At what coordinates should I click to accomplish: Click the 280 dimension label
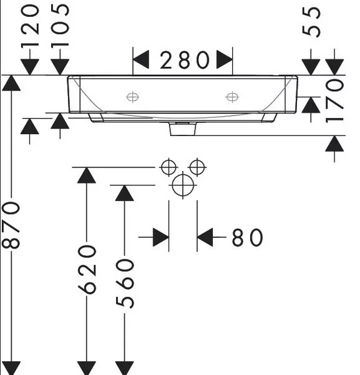(185, 60)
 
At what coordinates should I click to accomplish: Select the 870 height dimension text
(11, 225)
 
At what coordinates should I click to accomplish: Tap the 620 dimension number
(87, 270)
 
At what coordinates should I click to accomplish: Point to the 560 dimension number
(125, 284)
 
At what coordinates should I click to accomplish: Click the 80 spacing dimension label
(247, 237)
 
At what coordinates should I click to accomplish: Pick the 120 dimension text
(30, 26)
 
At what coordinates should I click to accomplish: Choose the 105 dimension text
(60, 25)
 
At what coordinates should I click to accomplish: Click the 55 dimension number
(311, 22)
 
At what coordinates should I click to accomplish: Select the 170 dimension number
(335, 101)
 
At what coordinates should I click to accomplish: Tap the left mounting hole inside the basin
(132, 97)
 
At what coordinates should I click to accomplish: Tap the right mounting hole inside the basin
(232, 97)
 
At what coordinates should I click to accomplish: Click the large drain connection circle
(183, 185)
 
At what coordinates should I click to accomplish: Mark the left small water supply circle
(168, 167)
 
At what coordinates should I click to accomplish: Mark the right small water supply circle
(197, 167)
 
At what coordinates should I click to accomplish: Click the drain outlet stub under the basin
(183, 129)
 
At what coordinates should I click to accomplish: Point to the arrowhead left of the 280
(141, 59)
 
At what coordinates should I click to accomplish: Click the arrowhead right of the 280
(225, 59)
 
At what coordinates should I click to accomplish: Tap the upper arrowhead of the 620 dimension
(87, 175)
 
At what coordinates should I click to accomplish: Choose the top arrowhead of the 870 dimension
(11, 83)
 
